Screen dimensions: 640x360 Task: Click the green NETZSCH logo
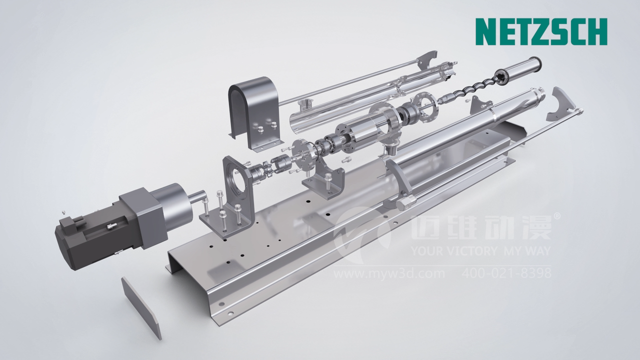point(541,31)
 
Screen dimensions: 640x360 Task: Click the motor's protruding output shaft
point(196,197)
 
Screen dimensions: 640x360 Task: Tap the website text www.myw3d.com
point(389,273)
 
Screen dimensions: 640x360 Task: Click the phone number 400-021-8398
point(506,273)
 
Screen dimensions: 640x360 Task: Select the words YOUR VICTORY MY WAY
point(480,251)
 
